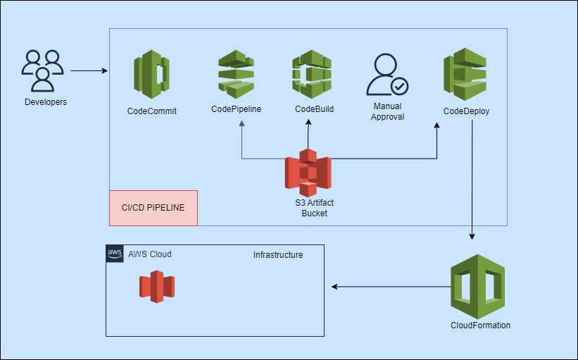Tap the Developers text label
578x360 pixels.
pos(46,102)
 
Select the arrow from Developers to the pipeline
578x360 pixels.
pos(88,71)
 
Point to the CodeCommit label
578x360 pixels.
pos(151,111)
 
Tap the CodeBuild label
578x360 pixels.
pos(314,108)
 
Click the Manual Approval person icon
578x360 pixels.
pos(387,75)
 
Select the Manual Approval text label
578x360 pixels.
pos(387,111)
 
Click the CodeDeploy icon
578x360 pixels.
pos(466,74)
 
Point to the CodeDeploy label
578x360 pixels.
pos(466,111)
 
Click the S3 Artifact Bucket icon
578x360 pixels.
pos(308,173)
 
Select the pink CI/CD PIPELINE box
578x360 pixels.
pos(153,208)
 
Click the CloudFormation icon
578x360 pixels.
pos(478,286)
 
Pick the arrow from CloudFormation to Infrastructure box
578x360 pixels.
pos(391,287)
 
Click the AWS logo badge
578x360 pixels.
pos(115,254)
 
